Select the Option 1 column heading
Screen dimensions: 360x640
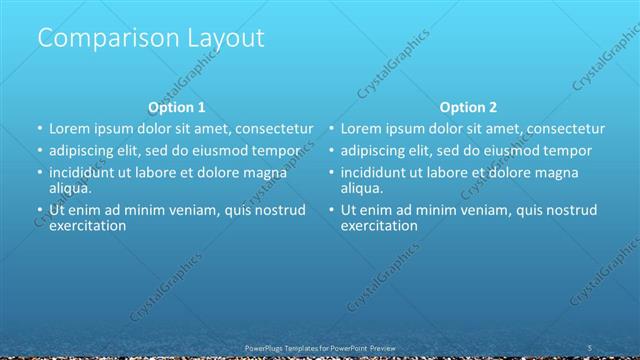click(177, 107)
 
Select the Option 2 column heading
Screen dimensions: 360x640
click(468, 107)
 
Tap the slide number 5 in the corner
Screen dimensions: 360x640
click(591, 346)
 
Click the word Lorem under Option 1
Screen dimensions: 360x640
click(71, 129)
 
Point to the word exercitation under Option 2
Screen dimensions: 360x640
click(379, 225)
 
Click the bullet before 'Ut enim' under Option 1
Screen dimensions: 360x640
click(40, 210)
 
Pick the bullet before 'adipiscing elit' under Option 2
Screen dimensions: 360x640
click(331, 151)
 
